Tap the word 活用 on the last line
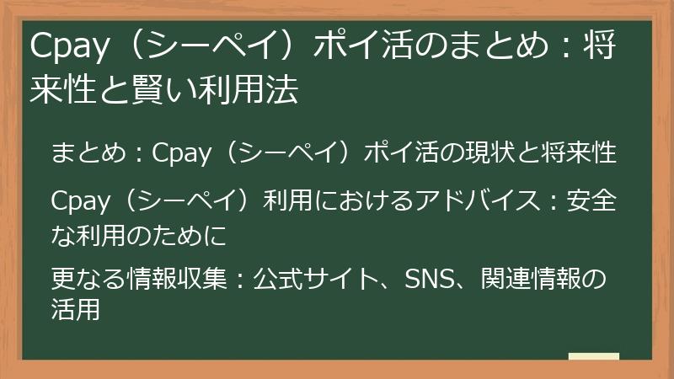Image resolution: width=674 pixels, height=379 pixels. (x=75, y=309)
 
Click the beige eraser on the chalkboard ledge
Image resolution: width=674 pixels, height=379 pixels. (x=594, y=356)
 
